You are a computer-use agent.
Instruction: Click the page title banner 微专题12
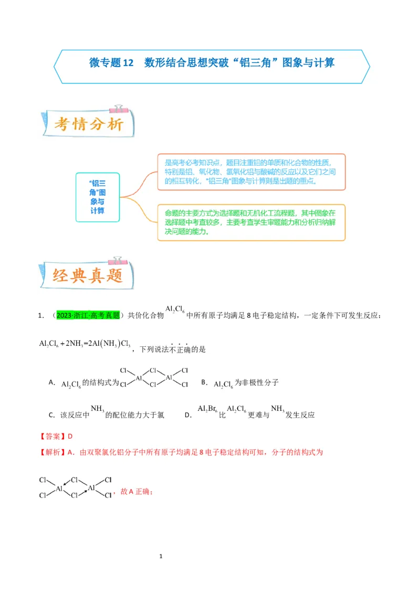tap(212, 63)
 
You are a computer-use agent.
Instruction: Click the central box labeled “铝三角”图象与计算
tap(97, 197)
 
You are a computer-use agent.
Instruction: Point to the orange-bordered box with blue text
tap(251, 172)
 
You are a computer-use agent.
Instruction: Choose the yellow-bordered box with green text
tap(251, 222)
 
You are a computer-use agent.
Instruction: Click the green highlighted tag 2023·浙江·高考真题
tap(88, 315)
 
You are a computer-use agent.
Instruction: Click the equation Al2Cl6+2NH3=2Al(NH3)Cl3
tap(85, 344)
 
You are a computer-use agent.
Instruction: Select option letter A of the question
tap(51, 383)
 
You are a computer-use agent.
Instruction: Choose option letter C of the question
tap(51, 415)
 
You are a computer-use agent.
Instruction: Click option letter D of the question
tap(187, 415)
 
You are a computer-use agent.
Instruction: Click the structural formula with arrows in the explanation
tap(76, 487)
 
